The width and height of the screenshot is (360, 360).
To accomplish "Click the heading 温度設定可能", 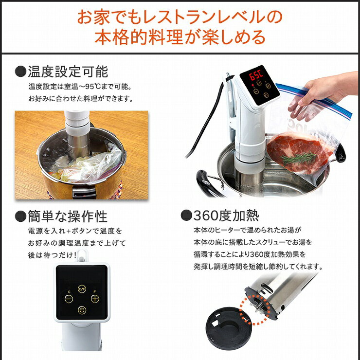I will pos(68,72).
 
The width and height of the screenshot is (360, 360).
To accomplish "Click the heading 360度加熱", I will pos(226,215).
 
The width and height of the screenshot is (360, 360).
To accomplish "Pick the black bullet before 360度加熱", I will pos(185,215).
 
